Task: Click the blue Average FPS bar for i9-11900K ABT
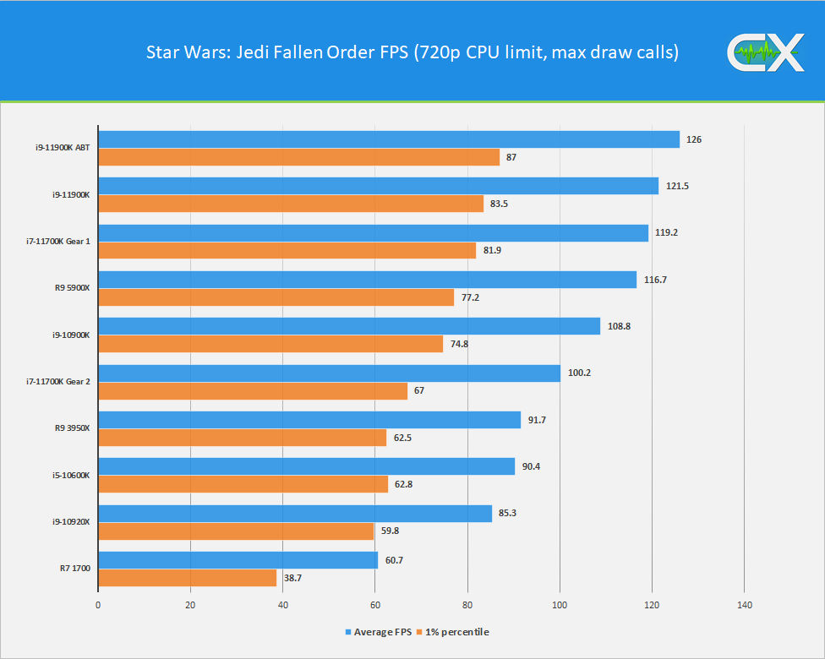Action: point(389,139)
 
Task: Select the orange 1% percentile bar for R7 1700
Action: point(188,578)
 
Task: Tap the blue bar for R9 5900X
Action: point(368,280)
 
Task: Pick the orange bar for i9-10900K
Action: point(270,344)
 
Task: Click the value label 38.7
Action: point(293,578)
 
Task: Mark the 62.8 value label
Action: point(404,484)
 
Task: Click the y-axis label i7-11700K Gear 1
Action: point(58,242)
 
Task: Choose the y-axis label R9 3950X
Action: point(71,428)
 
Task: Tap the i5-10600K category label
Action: point(70,475)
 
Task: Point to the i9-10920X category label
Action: point(70,522)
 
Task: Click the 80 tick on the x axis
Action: point(467,605)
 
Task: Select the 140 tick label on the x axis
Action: point(744,605)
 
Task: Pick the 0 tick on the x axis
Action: point(98,605)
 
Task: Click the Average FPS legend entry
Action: point(378,632)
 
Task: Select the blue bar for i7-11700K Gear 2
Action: point(330,373)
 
